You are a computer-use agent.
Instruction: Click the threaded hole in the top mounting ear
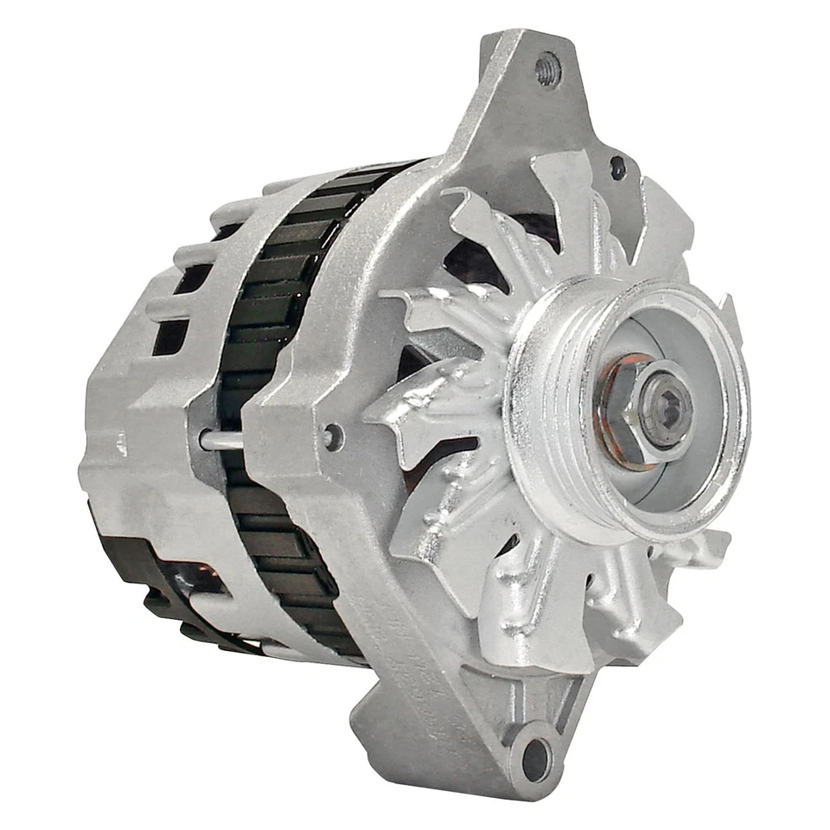[x=548, y=69]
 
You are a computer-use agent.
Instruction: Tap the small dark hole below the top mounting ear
[x=617, y=167]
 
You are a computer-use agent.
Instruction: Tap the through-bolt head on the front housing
[x=330, y=436]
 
